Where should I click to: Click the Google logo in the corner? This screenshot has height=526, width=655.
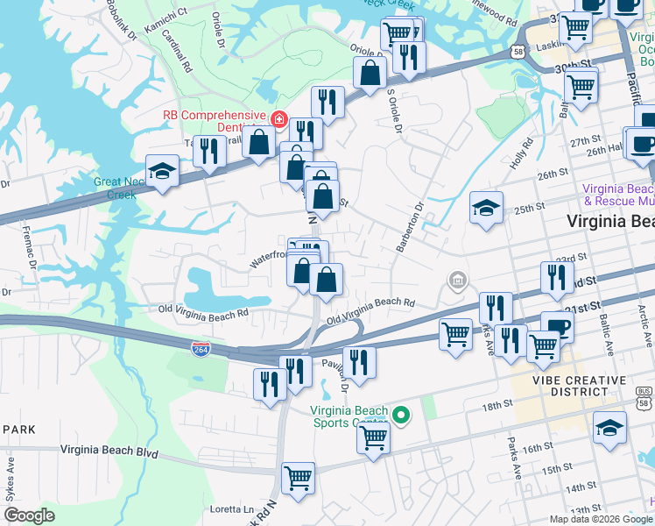click(x=30, y=515)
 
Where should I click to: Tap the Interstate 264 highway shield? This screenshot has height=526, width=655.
click(x=201, y=349)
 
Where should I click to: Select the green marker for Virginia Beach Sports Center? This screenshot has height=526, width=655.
click(x=402, y=416)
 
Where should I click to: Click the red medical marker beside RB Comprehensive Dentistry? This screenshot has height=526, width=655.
click(x=278, y=118)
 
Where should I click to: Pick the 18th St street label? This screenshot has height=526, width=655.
click(x=496, y=404)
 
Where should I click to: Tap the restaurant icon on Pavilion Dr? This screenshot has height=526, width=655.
click(x=359, y=360)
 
